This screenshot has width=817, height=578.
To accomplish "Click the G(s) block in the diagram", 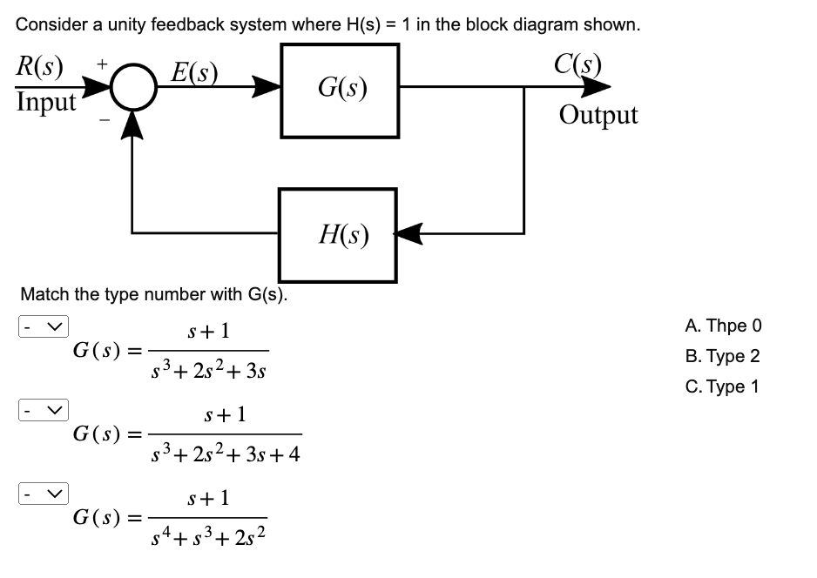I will point(340,89).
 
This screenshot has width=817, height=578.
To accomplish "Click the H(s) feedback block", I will point(338,233).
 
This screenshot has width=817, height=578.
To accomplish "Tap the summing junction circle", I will point(132,89).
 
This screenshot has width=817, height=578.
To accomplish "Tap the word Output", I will point(598,115).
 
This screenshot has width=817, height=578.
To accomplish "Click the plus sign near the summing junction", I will point(103,64).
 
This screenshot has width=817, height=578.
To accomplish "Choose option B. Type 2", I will point(722,356).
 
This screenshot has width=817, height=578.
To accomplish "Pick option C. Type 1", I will point(722,386).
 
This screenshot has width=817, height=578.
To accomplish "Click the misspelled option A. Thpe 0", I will point(723,326).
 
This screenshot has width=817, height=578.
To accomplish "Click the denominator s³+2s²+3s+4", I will point(225,454).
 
